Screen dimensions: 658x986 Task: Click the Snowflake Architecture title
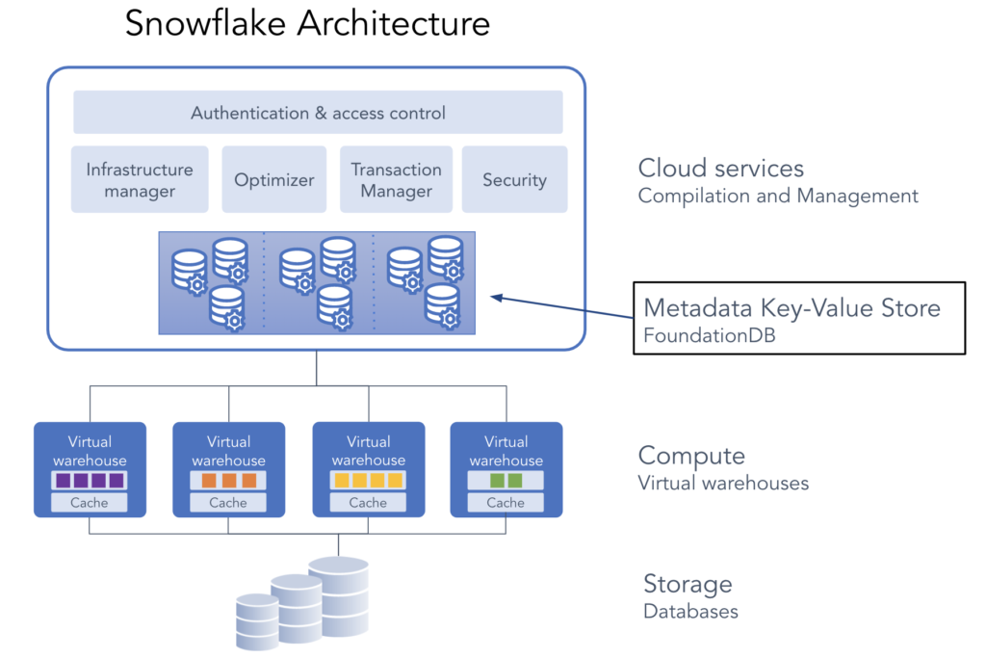307,23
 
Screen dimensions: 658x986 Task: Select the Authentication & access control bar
318,113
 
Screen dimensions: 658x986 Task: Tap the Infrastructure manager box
140,179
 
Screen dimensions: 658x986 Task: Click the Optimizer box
274,180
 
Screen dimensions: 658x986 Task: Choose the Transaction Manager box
396,179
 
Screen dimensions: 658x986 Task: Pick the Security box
514,180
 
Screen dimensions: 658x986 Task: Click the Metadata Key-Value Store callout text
791,308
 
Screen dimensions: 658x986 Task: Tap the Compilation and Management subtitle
778,197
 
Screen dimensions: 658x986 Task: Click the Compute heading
691,456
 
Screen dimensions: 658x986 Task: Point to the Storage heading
688,584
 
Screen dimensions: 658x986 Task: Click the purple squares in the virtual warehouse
90,480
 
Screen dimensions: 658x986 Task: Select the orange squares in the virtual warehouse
228,480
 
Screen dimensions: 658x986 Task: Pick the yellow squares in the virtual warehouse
368,480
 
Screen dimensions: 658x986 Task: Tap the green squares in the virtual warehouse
506,480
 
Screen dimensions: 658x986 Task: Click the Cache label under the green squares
506,502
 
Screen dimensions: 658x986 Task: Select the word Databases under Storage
690,611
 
